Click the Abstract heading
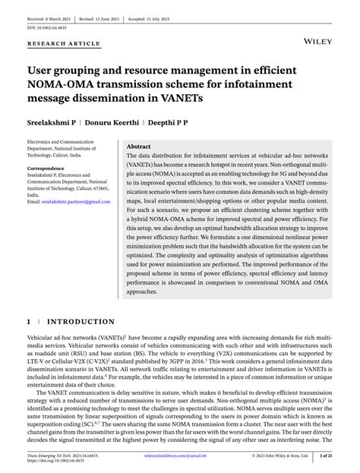pos(138,146)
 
